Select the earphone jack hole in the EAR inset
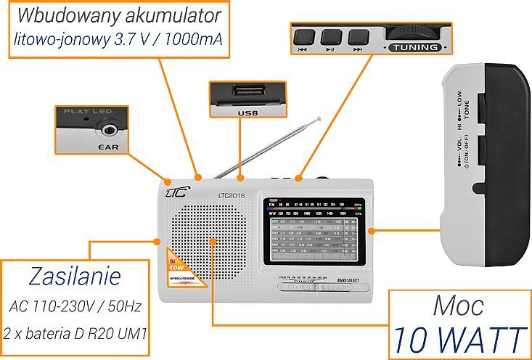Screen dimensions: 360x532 109,131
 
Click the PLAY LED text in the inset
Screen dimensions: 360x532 86,112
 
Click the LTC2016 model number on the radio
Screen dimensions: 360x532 232,195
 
